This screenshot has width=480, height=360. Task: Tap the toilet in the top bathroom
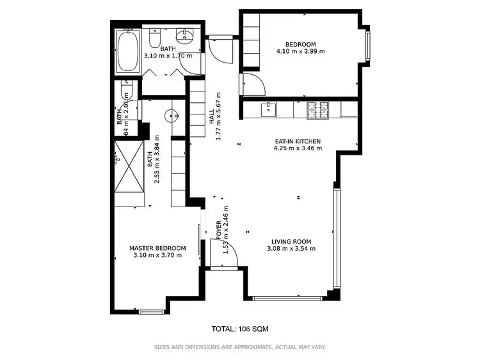(154, 40)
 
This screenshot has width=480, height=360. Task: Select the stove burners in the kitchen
(316, 110)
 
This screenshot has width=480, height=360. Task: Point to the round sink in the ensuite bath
(172, 116)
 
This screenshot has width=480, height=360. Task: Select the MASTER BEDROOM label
(157, 248)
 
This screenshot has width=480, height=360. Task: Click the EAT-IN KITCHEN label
(297, 141)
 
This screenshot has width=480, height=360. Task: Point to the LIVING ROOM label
(291, 242)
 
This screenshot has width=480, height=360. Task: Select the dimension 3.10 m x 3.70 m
(157, 255)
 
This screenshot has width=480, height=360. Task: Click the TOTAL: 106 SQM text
(239, 329)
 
